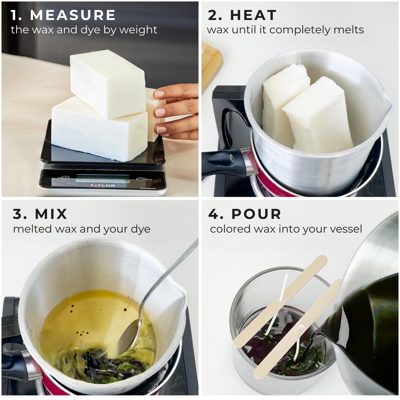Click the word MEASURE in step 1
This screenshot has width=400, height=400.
tap(73, 15)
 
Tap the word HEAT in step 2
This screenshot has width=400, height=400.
tap(253, 15)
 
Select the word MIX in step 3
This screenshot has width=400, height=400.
tap(51, 214)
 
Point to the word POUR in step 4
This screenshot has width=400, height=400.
tap(256, 214)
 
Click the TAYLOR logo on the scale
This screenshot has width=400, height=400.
tap(103, 186)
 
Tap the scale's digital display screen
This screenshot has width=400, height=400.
tap(103, 178)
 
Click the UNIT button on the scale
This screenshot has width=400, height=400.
tap(63, 177)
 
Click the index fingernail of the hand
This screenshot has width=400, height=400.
tap(159, 94)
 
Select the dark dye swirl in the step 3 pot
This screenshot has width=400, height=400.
tap(100, 362)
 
